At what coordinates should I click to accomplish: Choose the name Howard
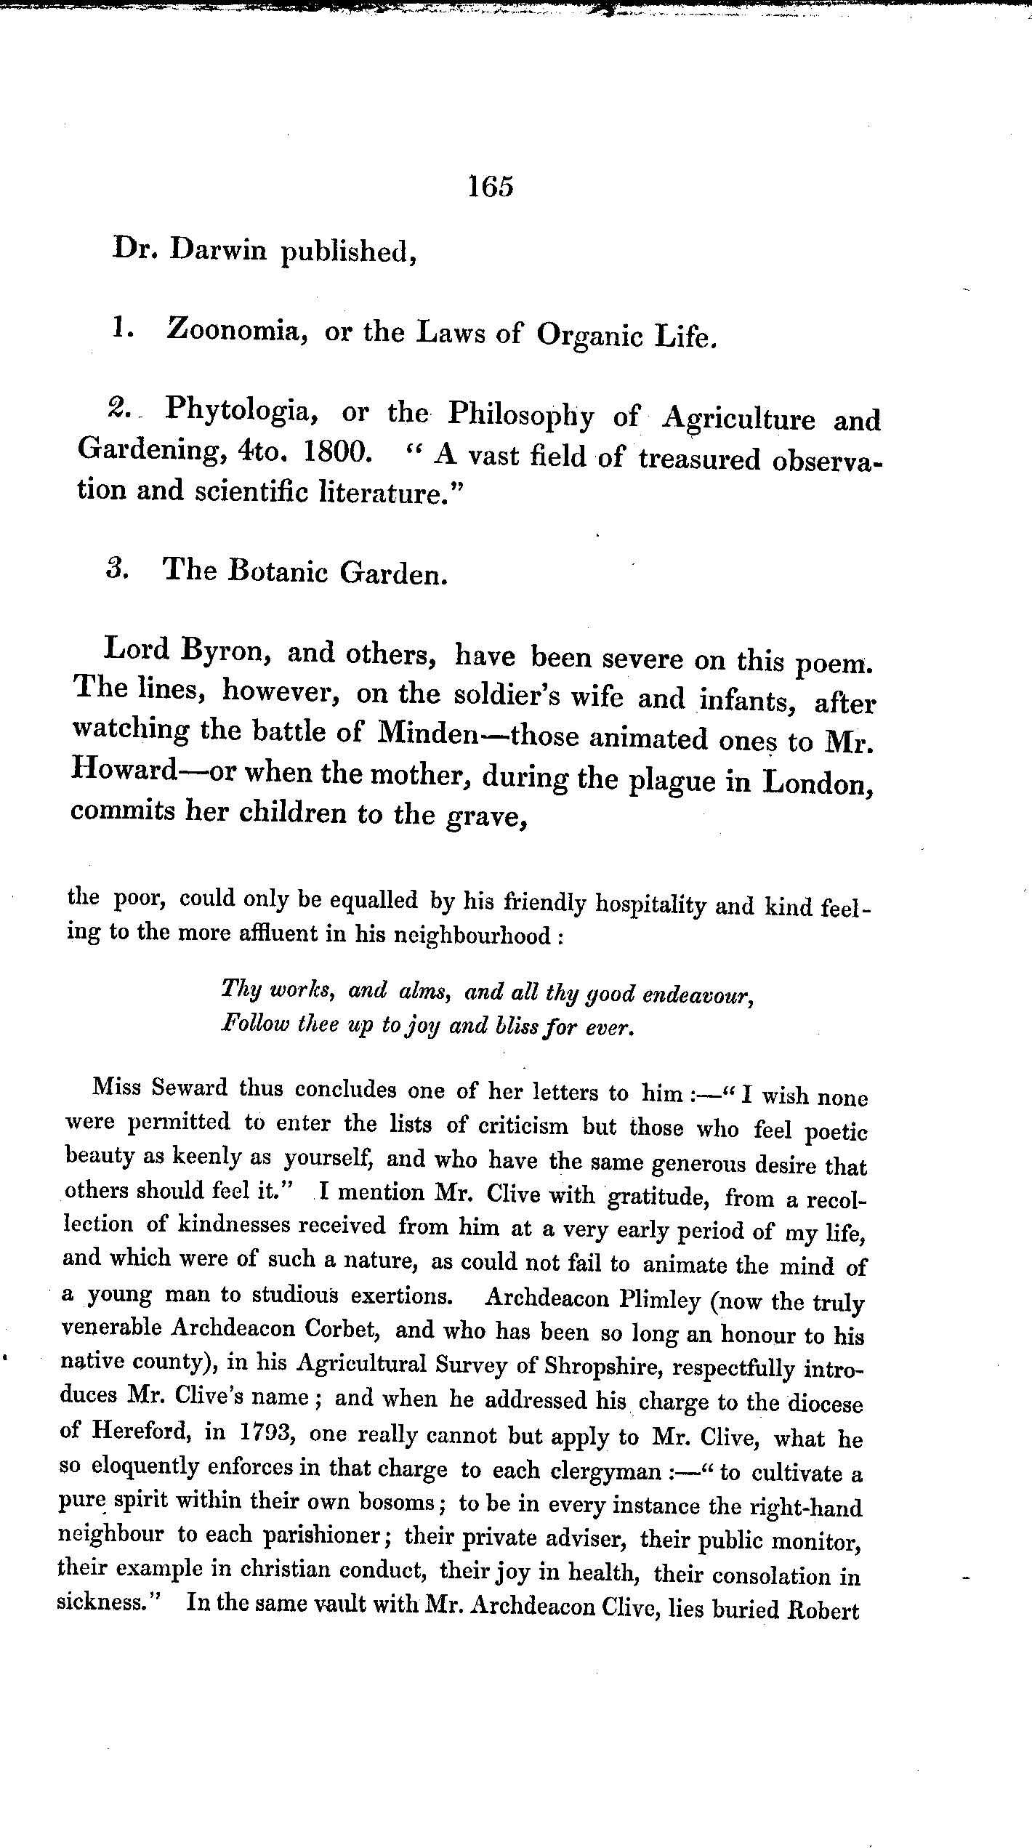pos(125,769)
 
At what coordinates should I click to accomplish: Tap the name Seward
pos(190,1089)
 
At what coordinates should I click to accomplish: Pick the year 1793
pos(266,1431)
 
